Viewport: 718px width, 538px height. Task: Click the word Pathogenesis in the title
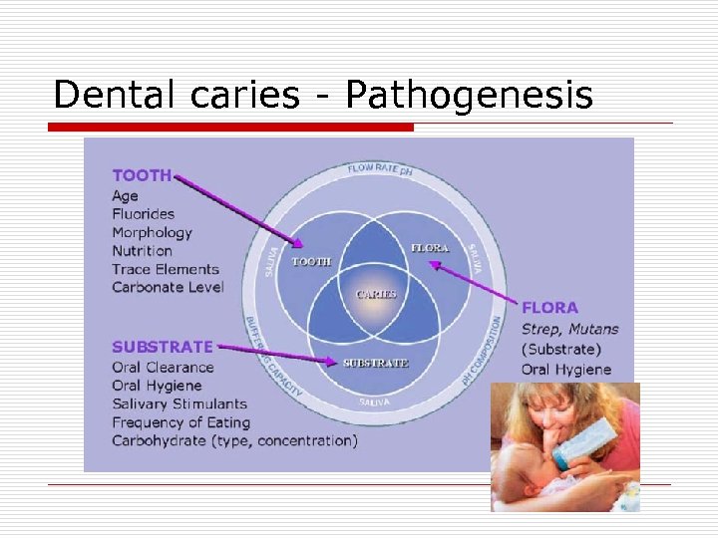[469, 96]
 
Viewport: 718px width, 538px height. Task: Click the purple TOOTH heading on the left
[142, 175]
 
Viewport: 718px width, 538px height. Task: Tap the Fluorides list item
[143, 213]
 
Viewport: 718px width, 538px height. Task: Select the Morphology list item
[152, 232]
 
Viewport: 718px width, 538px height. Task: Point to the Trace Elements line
[165, 269]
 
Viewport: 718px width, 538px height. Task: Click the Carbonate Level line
[168, 287]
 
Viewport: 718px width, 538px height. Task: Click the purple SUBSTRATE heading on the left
[162, 347]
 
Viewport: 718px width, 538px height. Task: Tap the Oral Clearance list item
[163, 367]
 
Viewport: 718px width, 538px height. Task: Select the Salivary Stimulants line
[179, 403]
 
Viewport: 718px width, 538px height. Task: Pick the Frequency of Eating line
[180, 421]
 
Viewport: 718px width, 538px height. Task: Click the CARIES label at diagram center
[376, 294]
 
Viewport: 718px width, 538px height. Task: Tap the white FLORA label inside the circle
[430, 247]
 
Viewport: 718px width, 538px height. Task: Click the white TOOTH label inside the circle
[311, 262]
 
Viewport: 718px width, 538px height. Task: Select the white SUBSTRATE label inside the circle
[376, 363]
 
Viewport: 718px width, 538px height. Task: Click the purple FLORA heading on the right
[549, 308]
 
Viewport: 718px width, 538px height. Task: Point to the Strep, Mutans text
[569, 329]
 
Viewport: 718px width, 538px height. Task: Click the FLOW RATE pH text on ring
[379, 168]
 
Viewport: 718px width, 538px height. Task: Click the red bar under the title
[230, 128]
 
